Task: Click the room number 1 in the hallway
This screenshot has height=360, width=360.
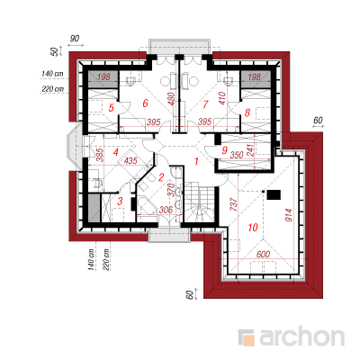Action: pyautogui.click(x=196, y=161)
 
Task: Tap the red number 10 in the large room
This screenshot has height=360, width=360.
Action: pyautogui.click(x=253, y=228)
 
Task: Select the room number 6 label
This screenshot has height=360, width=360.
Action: pyautogui.click(x=145, y=103)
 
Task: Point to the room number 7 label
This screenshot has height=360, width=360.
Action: pyautogui.click(x=205, y=104)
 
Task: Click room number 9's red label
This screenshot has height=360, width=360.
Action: pyautogui.click(x=224, y=150)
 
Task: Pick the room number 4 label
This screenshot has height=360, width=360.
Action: pyautogui.click(x=116, y=152)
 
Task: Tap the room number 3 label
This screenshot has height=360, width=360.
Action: pyautogui.click(x=120, y=201)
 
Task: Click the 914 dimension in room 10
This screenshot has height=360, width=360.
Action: pyautogui.click(x=288, y=215)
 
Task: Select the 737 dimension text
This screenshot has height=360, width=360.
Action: pyautogui.click(x=234, y=204)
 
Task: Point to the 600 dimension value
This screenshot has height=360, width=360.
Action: pyautogui.click(x=263, y=255)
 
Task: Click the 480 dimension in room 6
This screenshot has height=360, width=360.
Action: pyautogui.click(x=171, y=98)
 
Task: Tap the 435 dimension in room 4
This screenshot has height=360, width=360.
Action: pyautogui.click(x=130, y=160)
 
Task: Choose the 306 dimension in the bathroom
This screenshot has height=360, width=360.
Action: pyautogui.click(x=166, y=210)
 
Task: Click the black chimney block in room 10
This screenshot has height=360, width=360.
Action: pyautogui.click(x=274, y=195)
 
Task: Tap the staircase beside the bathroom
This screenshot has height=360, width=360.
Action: pyautogui.click(x=199, y=202)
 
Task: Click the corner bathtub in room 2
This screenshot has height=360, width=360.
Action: pyautogui.click(x=147, y=206)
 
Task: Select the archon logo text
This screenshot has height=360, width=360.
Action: pyautogui.click(x=301, y=337)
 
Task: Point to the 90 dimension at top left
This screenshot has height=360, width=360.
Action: pyautogui.click(x=75, y=39)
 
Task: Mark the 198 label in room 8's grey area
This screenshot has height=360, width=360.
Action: pyautogui.click(x=255, y=77)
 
